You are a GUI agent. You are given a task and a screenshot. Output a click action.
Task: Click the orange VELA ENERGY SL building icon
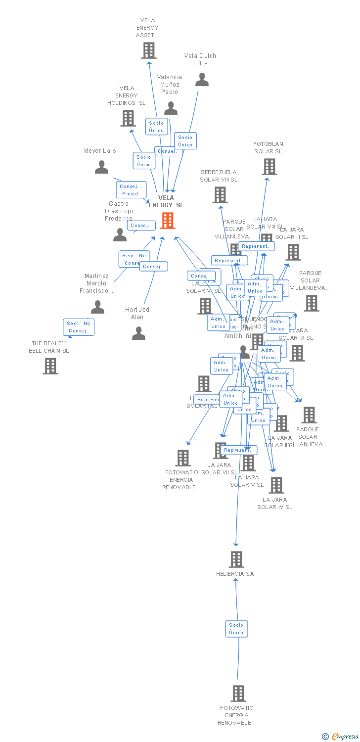tap(168, 221)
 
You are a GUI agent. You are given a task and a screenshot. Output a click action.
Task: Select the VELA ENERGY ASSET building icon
tap(148, 50)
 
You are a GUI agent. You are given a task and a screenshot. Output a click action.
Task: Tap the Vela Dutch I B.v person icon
tap(202, 80)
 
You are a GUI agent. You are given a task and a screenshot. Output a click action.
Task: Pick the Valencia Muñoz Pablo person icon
tap(171, 108)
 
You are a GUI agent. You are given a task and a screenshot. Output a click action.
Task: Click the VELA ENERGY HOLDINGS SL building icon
tap(128, 118)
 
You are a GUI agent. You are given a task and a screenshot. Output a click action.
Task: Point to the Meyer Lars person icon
tap(101, 167)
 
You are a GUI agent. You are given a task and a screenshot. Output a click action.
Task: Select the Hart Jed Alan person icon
tap(138, 333)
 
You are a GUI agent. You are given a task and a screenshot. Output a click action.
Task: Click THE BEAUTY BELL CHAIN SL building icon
tap(50, 366)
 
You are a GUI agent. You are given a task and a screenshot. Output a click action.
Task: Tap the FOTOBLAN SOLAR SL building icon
tap(269, 167)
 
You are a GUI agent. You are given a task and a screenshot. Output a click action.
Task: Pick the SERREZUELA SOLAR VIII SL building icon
tap(220, 195)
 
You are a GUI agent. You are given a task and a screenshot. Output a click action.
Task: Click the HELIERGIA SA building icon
tap(236, 559)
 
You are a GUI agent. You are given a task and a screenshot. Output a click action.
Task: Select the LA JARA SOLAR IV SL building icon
tap(276, 485)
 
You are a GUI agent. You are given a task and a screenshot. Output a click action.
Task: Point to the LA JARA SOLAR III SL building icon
tap(293, 252)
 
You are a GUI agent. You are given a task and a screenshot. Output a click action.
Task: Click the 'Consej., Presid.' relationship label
tap(131, 190)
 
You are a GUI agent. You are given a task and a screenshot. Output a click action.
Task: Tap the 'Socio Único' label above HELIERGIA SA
tap(236, 629)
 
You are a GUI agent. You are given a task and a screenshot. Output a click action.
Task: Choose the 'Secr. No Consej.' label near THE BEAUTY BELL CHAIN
tap(78, 327)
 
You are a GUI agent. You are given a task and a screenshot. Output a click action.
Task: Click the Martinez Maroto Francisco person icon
tap(97, 308)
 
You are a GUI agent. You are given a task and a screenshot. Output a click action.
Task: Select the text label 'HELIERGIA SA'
tap(235, 574)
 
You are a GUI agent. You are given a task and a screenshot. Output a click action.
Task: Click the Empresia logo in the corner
tap(341, 737)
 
